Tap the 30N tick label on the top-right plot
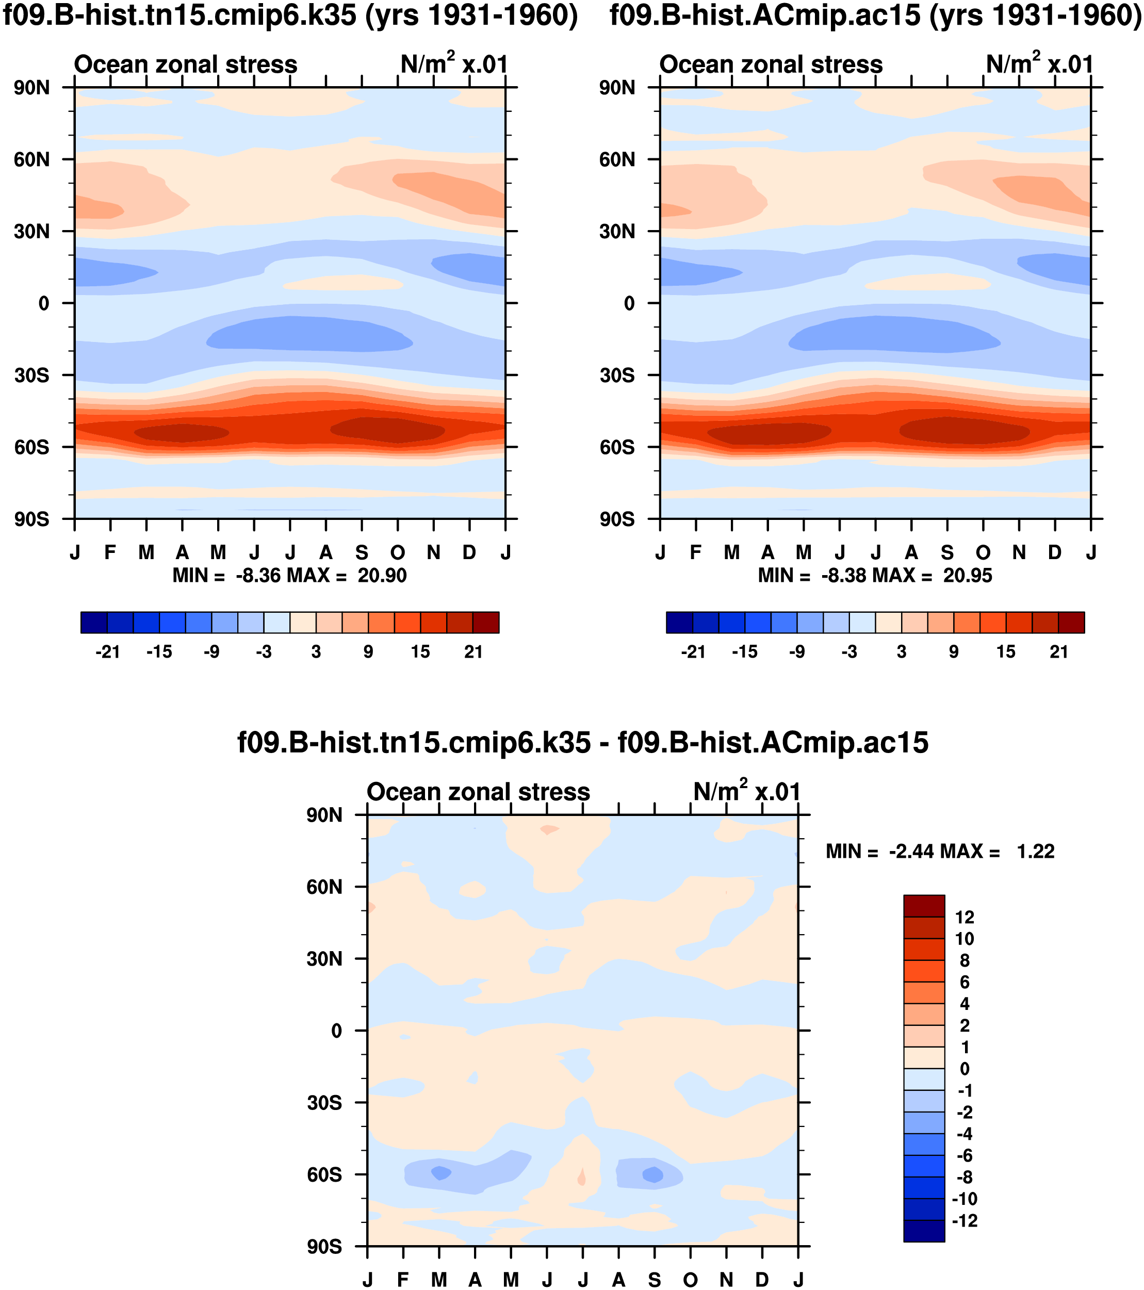(617, 232)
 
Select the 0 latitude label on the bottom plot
(336, 1031)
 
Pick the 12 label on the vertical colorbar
(964, 918)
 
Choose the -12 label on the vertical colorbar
(964, 1220)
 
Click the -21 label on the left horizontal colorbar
(107, 652)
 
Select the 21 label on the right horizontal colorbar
(1059, 652)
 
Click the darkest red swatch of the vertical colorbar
(924, 906)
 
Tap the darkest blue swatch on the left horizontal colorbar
(94, 622)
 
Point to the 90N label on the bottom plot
(324, 815)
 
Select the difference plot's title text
(582, 742)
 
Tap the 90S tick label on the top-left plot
(31, 519)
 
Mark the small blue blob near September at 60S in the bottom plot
(652, 1174)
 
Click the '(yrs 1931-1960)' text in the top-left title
(471, 15)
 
